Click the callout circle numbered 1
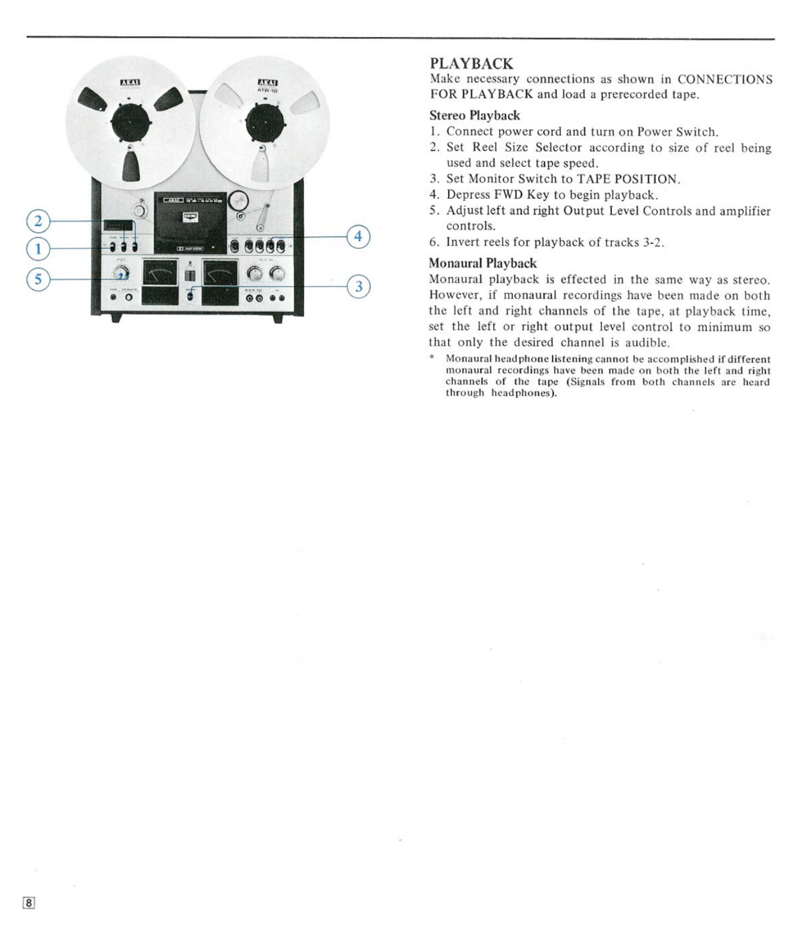[x=38, y=249]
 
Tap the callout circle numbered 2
[x=38, y=221]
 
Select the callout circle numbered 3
[x=359, y=287]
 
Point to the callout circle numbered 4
[x=359, y=236]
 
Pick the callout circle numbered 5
[x=38, y=279]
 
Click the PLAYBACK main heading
[x=471, y=63]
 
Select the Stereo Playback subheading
[x=474, y=115]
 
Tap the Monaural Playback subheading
[x=482, y=263]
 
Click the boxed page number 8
[x=29, y=903]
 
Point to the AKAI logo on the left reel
[x=130, y=82]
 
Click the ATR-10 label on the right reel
[x=268, y=91]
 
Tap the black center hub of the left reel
[x=131, y=124]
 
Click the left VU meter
[x=160, y=273]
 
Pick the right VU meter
[x=220, y=274]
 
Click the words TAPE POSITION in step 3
[x=627, y=179]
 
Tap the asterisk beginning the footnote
[x=432, y=358]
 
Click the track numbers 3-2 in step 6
[x=652, y=242]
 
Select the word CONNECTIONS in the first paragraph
[x=725, y=79]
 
